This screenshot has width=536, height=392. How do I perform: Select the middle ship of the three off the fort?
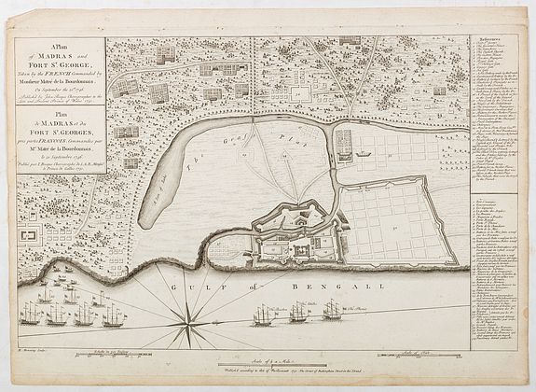[x=298, y=312]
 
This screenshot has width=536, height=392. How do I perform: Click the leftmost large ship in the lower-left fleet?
[x=31, y=315]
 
